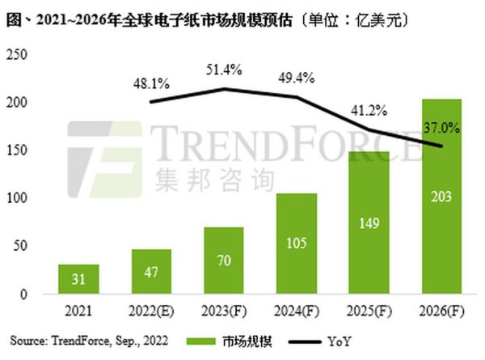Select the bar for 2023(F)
pyautogui.click(x=224, y=260)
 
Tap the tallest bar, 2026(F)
pyautogui.click(x=441, y=196)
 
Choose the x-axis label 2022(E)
pyautogui.click(x=151, y=311)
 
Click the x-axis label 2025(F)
pyautogui.click(x=369, y=311)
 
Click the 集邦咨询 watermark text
pyautogui.click(x=228, y=176)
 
